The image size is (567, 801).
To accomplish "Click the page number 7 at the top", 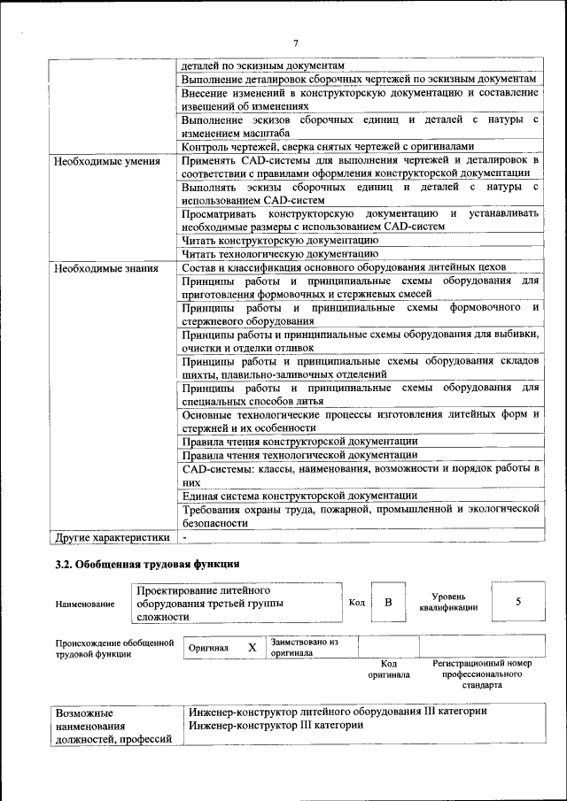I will [x=296, y=43].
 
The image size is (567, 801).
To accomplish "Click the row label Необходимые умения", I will [x=107, y=162].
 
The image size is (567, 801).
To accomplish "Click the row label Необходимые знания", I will [x=105, y=267].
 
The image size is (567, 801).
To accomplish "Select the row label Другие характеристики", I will [x=112, y=537].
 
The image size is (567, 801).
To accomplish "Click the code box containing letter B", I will [x=387, y=602].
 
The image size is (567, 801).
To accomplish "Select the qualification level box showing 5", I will [x=517, y=602].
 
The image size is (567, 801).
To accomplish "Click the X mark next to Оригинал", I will [x=252, y=647].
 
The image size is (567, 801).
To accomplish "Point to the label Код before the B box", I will [x=357, y=603].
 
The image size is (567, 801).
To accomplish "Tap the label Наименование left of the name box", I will [x=84, y=604].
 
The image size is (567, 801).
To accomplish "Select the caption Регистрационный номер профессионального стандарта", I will [x=482, y=674].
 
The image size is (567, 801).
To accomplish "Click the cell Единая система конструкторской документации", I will [x=299, y=496].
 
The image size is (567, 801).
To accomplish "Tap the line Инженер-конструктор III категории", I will [x=276, y=725].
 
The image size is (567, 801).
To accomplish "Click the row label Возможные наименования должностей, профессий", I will [x=113, y=725].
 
